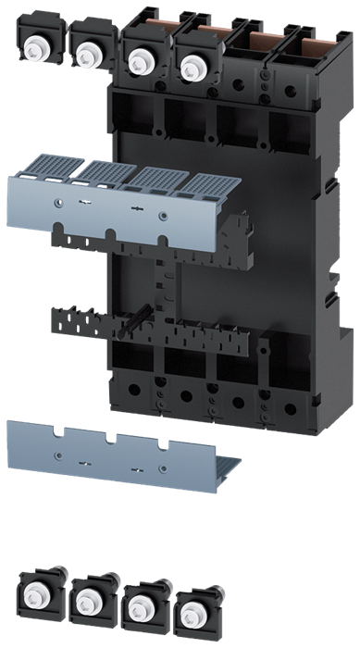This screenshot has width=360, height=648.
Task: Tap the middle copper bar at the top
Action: coord(264,39)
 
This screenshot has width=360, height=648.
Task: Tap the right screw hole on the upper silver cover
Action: coord(164,217)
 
